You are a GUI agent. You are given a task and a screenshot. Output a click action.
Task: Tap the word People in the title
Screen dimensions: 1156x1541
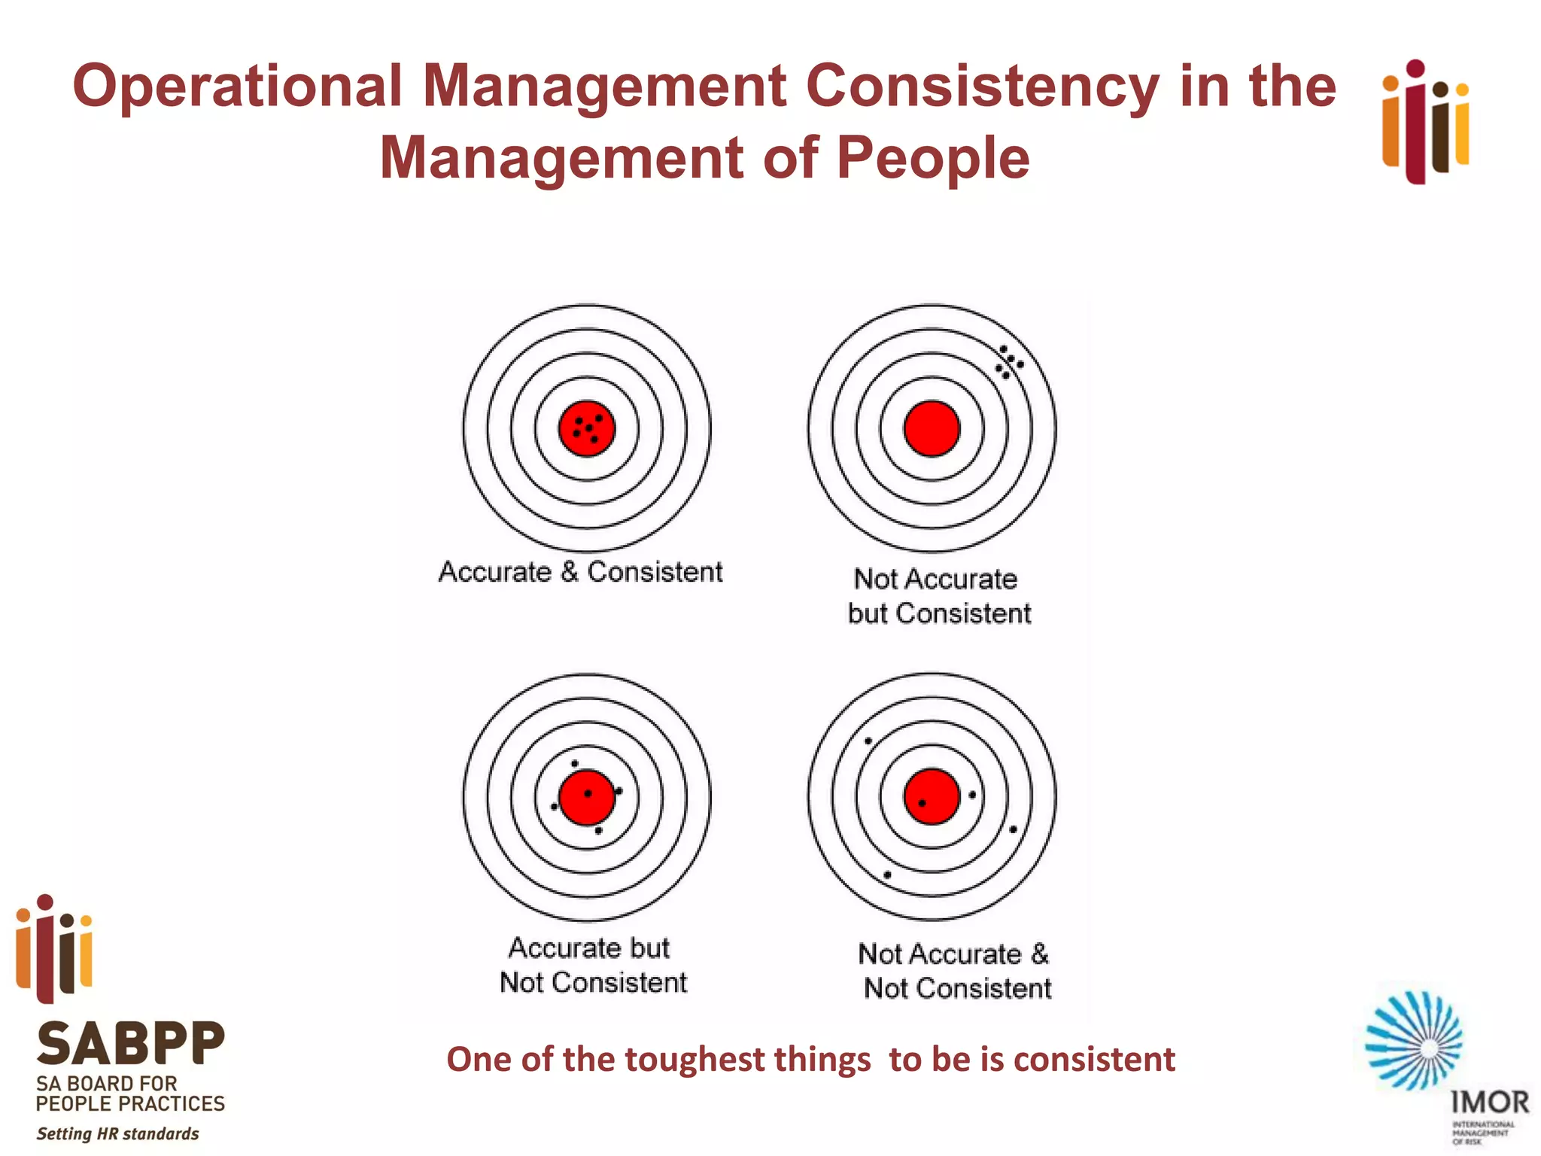[x=932, y=158]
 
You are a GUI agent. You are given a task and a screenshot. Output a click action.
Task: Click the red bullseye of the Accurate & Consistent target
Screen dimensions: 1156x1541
[x=587, y=428]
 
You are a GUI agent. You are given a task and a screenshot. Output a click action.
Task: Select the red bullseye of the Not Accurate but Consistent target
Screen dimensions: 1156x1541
[x=932, y=428]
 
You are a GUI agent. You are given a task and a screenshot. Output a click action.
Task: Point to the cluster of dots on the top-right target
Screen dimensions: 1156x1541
[x=1009, y=362]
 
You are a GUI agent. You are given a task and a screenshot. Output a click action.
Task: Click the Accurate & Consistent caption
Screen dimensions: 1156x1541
[x=580, y=572]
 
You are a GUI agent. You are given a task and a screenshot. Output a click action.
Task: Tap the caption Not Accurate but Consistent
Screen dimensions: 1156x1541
[x=938, y=596]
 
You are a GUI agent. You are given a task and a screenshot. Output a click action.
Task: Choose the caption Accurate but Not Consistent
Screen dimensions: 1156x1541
[x=592, y=965]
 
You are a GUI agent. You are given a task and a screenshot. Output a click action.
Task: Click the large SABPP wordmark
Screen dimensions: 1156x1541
[x=130, y=1044]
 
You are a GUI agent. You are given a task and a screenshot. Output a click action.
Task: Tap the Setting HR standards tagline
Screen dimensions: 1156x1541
[x=118, y=1133]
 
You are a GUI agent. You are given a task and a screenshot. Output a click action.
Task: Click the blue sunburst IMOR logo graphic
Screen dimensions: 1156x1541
[x=1414, y=1041]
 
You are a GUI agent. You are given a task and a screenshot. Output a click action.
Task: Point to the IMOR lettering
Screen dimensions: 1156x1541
[x=1489, y=1103]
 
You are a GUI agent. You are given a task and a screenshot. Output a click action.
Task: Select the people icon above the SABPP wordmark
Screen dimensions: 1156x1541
[x=54, y=948]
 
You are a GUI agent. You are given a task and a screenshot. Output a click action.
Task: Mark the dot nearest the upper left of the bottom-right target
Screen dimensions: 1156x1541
[x=868, y=741]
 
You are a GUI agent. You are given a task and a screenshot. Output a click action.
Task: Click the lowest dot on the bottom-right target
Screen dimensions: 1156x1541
[x=887, y=875]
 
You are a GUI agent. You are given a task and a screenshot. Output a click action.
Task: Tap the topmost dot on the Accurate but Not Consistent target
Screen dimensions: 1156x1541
[x=575, y=764]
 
